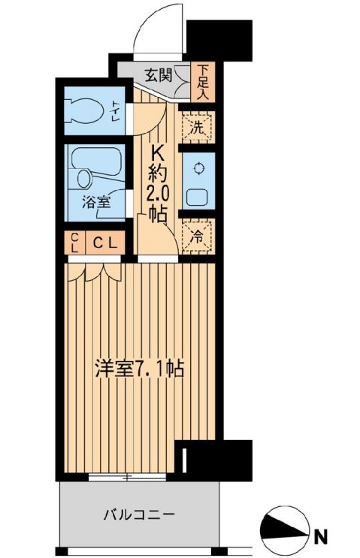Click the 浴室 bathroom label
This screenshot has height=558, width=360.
coord(95,201)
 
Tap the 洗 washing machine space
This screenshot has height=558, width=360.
coord(198,127)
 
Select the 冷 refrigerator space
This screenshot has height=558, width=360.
coord(198,234)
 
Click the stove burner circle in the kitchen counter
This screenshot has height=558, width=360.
coord(199,167)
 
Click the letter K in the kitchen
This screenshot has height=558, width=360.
coord(158,153)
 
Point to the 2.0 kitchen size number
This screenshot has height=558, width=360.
coord(158,193)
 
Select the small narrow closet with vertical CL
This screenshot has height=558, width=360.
coord(74,243)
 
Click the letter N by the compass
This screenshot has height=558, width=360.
coord(321,536)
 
